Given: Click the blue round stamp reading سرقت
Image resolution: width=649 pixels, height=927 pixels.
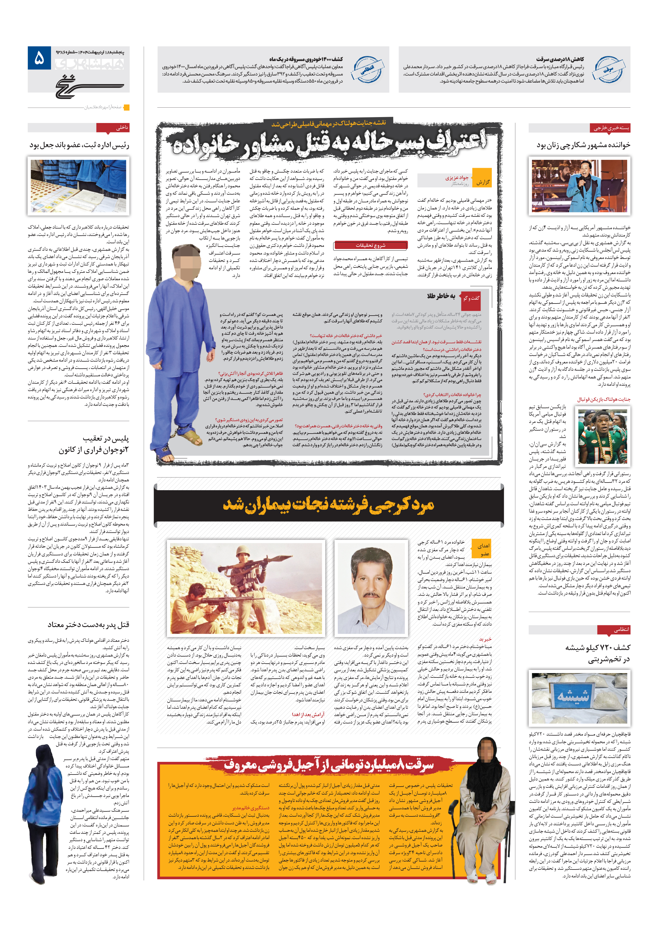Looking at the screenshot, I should coord(609,69).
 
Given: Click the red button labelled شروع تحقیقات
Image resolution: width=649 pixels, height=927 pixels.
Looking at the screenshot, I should coord(370,245).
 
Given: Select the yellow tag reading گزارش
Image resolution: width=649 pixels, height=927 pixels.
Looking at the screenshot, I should coord(482,182).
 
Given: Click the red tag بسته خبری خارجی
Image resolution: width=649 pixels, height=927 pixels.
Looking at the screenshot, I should coord(611,128).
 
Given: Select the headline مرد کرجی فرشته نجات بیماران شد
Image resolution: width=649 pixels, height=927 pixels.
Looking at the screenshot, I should coord(328,505).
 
